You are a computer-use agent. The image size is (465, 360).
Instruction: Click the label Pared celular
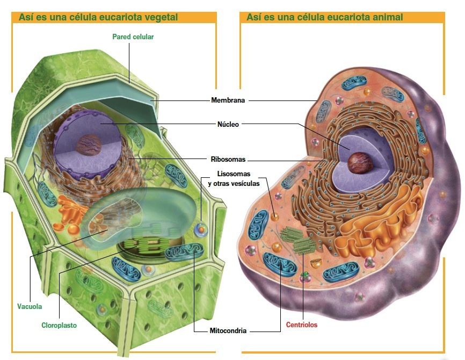(134, 37)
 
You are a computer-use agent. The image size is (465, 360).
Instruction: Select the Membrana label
(228, 100)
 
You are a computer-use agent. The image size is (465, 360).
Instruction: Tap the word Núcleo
(228, 124)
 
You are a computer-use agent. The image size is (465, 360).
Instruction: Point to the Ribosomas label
(228, 159)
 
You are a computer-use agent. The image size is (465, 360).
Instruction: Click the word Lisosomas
(234, 174)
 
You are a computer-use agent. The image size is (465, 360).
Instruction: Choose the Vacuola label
(30, 307)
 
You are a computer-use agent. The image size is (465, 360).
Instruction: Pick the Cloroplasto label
(60, 325)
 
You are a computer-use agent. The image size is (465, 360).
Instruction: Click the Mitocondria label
(228, 330)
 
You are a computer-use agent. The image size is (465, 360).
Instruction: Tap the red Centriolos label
(302, 325)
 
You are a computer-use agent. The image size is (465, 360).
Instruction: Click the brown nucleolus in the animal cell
(357, 163)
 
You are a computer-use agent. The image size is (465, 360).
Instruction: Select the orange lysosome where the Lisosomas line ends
(275, 218)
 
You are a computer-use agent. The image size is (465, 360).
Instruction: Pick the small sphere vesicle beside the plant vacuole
(200, 229)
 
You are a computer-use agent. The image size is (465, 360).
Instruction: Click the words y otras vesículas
(234, 183)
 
